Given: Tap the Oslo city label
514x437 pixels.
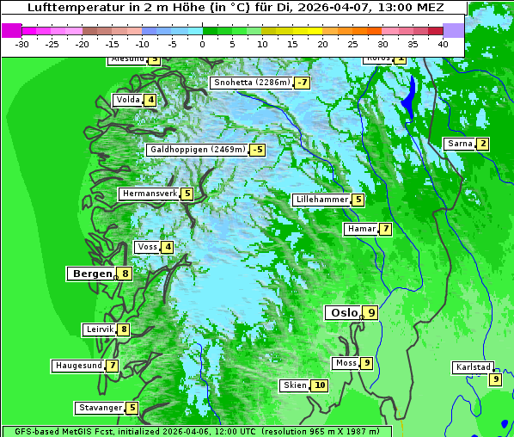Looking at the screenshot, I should [343, 312].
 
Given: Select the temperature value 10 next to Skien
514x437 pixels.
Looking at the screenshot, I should [320, 385].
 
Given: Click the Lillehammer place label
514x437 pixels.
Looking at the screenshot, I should [321, 200].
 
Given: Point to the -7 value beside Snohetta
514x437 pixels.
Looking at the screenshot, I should [302, 83].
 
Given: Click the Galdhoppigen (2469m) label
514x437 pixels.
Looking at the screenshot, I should [198, 150].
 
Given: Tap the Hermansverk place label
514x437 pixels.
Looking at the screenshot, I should [149, 194].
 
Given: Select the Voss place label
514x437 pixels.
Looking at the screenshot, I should [147, 247].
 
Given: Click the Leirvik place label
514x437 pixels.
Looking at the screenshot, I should [100, 329].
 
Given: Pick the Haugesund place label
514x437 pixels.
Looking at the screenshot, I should [78, 366].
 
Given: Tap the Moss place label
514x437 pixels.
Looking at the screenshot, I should [346, 363].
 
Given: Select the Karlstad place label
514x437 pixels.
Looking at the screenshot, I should [474, 367].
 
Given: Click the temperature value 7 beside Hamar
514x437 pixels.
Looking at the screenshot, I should [386, 229].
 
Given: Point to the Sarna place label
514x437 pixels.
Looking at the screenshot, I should [460, 143].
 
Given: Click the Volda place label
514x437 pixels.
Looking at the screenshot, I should [127, 100].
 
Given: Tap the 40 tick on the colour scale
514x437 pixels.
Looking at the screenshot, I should [443, 43].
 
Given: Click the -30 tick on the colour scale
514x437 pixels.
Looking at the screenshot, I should [22, 43].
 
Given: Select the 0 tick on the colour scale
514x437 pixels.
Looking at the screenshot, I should [203, 43].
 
